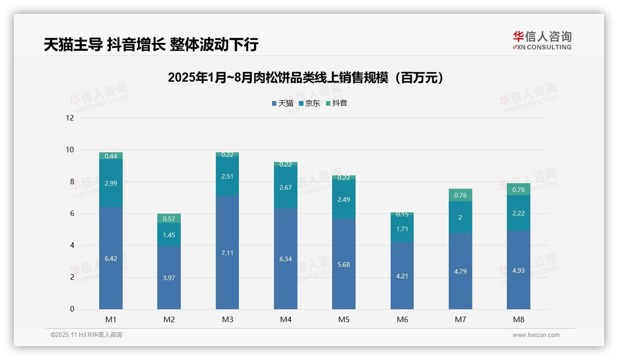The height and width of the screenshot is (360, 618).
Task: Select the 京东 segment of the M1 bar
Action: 111,183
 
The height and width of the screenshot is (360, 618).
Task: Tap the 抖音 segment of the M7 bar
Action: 460,195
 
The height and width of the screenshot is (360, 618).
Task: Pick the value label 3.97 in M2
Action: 169,278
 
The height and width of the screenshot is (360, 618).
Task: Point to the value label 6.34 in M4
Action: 285,259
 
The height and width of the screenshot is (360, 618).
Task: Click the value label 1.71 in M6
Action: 402,228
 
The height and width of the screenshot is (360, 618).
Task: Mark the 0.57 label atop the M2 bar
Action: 169,219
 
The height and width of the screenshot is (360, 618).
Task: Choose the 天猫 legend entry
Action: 283,103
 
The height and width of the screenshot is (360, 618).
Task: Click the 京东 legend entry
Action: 309,103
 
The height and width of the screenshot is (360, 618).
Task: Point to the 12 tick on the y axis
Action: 70,118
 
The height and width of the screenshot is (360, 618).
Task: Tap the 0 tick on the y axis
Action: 72,309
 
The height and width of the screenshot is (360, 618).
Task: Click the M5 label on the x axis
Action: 344,319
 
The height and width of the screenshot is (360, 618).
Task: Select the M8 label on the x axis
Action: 518,319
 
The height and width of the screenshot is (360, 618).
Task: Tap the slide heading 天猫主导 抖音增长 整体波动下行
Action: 151,44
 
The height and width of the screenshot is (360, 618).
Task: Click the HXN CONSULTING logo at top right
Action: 542,40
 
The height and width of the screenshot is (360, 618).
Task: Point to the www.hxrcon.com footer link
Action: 536,335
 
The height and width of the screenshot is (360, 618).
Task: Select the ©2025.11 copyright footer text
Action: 86,335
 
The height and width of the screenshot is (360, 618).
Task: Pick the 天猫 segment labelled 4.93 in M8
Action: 518,270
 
